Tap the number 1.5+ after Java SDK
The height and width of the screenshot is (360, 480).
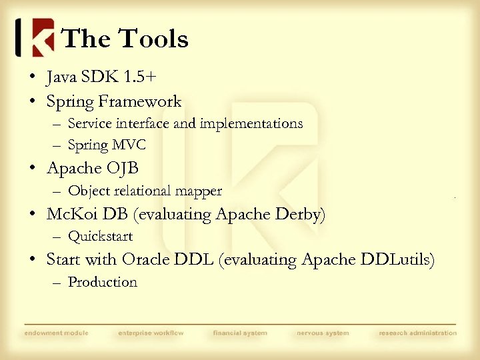[141, 77]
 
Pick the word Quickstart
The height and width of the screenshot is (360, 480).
[100, 237]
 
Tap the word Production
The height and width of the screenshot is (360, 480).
[102, 282]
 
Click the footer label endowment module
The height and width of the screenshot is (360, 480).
[56, 333]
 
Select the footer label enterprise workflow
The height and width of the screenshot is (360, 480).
[151, 333]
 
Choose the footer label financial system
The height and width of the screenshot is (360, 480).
[240, 333]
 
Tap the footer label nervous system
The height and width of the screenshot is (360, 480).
[323, 333]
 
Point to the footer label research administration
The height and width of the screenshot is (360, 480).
[418, 333]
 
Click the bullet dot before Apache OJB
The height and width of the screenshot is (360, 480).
[33, 169]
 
